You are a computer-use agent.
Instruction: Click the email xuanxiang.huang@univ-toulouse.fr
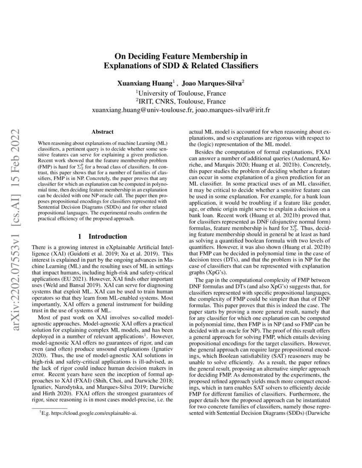(x=142, y=110)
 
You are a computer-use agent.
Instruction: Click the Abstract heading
(x=102, y=132)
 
